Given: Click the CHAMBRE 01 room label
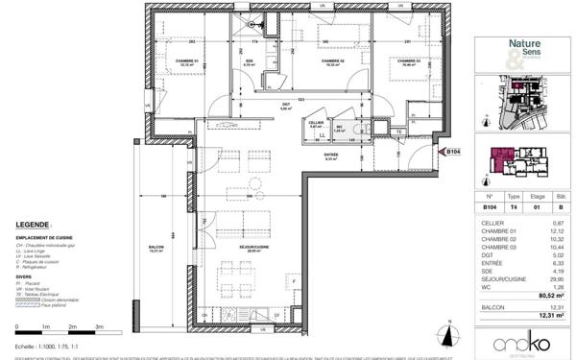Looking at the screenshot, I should [180, 62].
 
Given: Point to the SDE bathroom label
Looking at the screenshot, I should [247, 62].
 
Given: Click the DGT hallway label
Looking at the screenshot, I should [285, 106].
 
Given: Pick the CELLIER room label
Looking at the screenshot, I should [316, 123].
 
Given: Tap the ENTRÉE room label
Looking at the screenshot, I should [331, 156].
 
